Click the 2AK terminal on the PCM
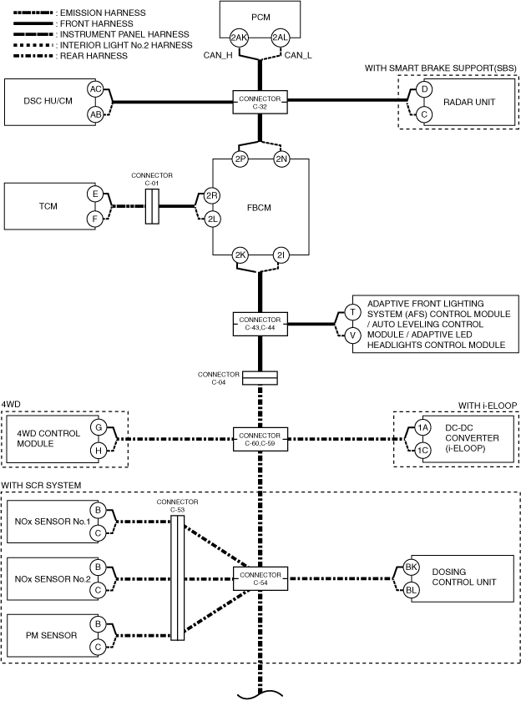[239, 38]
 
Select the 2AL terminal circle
[280, 38]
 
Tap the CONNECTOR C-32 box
[260, 102]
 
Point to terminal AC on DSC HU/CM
[95, 89]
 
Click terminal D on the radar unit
[424, 89]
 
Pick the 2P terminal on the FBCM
[240, 159]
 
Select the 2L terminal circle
[212, 219]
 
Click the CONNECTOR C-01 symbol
[152, 206]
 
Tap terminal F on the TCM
[95, 219]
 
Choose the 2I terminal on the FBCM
[281, 255]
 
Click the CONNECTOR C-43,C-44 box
[260, 324]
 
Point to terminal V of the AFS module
[353, 335]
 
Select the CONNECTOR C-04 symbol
[260, 378]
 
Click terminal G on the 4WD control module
[99, 427]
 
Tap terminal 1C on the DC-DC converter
[422, 451]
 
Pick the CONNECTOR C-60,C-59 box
[260, 439]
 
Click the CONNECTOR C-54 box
[260, 578]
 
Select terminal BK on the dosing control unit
[411, 567]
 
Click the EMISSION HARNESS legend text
[103, 13]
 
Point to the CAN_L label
[298, 55]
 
